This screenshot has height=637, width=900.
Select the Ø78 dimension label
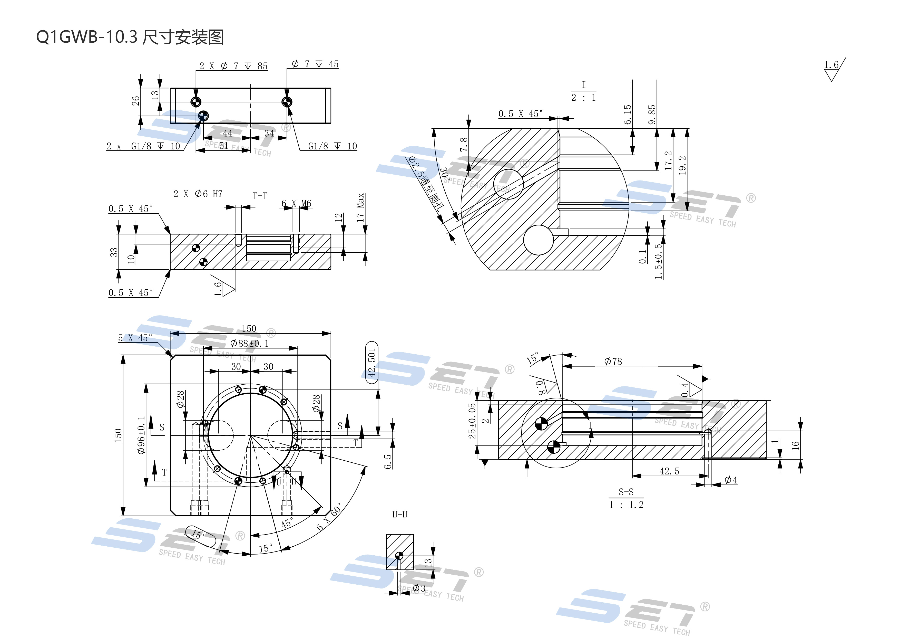pyautogui.click(x=613, y=361)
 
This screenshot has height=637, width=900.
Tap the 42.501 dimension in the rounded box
pyautogui.click(x=371, y=362)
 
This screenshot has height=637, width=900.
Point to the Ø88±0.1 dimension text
pyautogui.click(x=250, y=344)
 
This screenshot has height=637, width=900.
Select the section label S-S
pyautogui.click(x=626, y=492)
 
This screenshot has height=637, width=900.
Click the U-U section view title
pyautogui.click(x=400, y=515)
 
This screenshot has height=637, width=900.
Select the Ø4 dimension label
pyautogui.click(x=731, y=480)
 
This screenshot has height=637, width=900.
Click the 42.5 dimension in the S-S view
pyautogui.click(x=669, y=471)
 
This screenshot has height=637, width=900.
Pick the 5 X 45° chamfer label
pyautogui.click(x=135, y=338)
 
